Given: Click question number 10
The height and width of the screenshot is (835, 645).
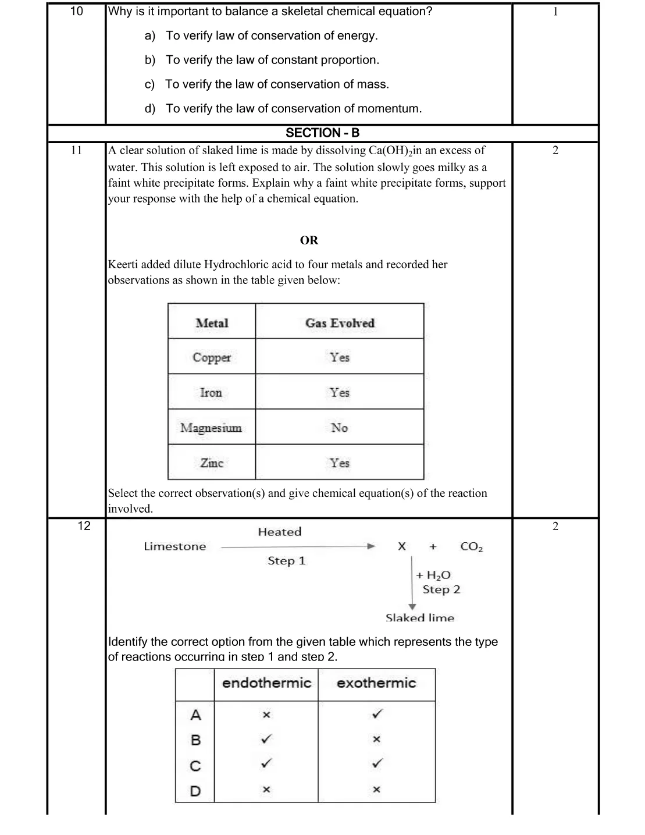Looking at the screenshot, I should [77, 11].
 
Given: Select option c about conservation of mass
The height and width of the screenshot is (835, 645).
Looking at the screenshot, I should [276, 84].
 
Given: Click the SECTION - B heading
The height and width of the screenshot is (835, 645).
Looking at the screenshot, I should [322, 133].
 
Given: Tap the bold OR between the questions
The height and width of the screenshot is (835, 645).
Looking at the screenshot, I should [309, 240].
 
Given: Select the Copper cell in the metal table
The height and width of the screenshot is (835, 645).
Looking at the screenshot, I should [212, 357].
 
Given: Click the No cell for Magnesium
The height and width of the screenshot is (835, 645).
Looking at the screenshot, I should [339, 428].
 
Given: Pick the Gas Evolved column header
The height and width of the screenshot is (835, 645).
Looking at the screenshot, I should [340, 323].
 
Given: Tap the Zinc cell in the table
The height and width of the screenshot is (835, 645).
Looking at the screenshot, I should [212, 463].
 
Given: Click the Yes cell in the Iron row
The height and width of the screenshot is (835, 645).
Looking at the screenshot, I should [339, 393].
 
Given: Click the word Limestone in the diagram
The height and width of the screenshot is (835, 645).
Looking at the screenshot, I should [175, 546].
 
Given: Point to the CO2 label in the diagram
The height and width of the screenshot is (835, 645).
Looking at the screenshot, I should [471, 546].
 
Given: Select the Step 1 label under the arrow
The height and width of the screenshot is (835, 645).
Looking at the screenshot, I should [286, 561].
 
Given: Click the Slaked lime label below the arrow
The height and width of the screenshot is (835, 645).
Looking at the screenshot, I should [420, 618].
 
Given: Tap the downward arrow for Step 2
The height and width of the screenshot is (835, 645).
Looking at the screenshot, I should [412, 582].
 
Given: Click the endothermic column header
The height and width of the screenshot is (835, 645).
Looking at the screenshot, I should [266, 683].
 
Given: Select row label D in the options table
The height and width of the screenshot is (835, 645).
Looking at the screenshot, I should [195, 791].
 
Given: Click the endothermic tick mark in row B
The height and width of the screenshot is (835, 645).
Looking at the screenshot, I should [266, 739].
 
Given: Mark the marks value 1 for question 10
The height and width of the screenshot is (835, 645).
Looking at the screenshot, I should [555, 12].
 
